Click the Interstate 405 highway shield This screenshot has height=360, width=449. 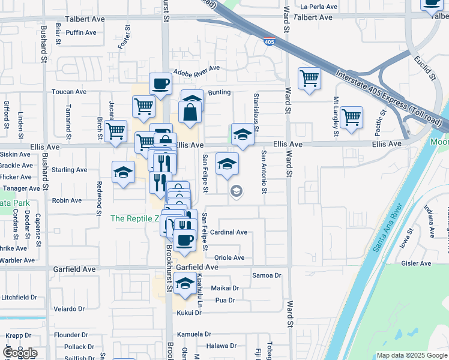[270, 41]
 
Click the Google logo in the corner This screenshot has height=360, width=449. [20, 353]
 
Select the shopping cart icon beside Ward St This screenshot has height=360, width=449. [309, 78]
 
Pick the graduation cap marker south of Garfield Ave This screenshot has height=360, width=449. [185, 283]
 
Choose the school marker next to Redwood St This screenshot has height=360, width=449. [123, 172]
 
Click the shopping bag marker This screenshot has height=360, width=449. [190, 112]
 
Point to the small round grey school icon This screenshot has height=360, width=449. [237, 191]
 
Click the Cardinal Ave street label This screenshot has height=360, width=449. [229, 232]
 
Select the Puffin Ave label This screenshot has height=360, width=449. [83, 32]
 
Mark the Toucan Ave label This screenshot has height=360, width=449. [69, 92]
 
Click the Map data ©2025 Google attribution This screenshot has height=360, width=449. [412, 355]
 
